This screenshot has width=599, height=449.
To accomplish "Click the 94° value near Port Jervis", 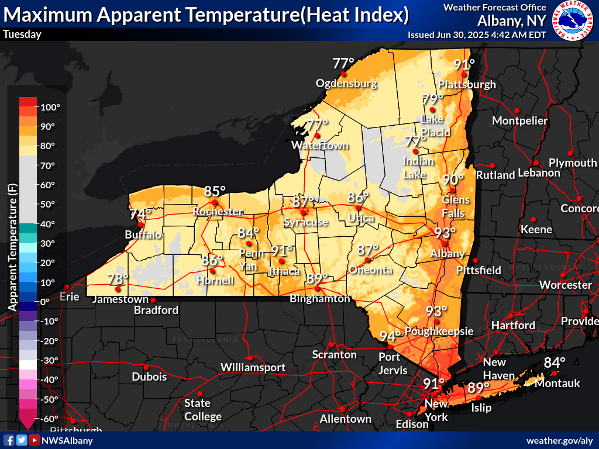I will tap(390, 337).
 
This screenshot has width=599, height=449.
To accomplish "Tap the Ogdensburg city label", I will tap(346, 84).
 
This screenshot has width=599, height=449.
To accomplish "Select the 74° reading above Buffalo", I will tap(140, 214).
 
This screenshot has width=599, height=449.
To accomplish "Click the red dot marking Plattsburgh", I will tap(463, 74).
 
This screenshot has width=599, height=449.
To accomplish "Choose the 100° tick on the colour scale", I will tap(50, 107).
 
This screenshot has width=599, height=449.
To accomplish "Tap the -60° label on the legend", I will tap(50, 419).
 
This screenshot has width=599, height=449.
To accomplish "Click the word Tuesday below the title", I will tap(22, 34).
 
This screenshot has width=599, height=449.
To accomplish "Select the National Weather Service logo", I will tap(572, 20).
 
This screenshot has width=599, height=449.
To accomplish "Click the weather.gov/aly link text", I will tap(560, 440).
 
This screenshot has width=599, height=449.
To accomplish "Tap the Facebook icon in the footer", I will tap(9, 440).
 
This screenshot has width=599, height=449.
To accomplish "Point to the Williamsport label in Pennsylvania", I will tap(253, 367).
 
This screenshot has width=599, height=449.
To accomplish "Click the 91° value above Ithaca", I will tap(281, 251).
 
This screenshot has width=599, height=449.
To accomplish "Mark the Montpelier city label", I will tap(520, 120).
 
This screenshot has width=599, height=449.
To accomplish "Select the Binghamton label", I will tap(319, 299).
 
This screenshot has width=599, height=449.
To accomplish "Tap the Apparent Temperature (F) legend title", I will tap(11, 246).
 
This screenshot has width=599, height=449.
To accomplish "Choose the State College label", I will tap(203, 410).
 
